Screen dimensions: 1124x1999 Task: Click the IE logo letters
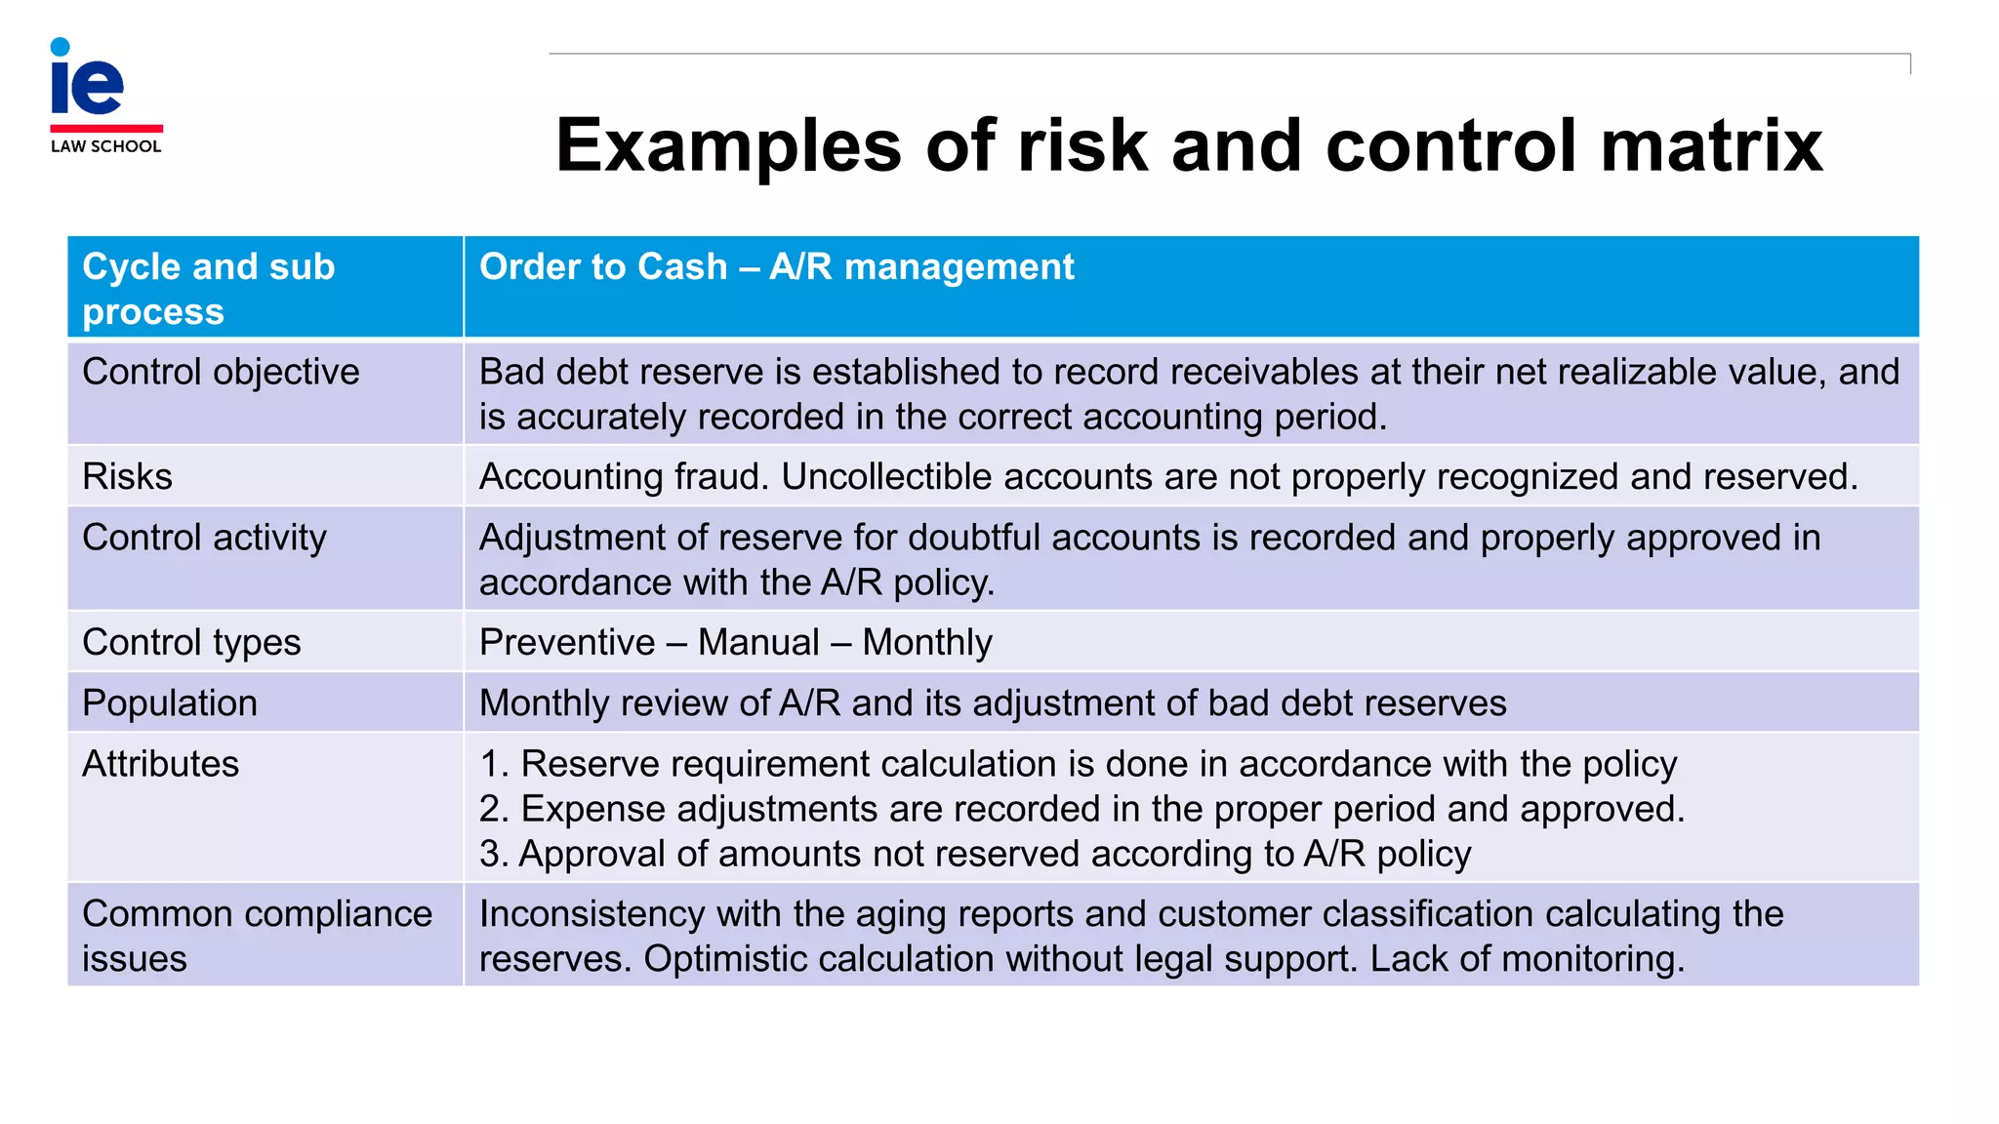[x=87, y=83]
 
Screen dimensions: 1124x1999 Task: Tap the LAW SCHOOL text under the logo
[x=105, y=146]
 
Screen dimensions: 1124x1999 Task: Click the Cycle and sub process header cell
[x=209, y=289]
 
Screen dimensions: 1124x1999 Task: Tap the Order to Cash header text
[x=776, y=266]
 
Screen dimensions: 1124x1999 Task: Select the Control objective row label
[x=221, y=372]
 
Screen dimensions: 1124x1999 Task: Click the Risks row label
[x=127, y=476]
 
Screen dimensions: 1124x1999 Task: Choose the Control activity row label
[x=204, y=538]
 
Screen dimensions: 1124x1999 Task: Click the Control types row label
[x=191, y=642]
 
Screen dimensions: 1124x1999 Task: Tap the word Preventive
[x=567, y=642]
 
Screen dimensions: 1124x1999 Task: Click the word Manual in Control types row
[x=758, y=642]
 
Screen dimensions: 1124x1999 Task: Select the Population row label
[x=170, y=702]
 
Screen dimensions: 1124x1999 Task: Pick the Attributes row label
[x=160, y=763]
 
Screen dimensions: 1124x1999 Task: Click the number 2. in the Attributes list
[x=493, y=809]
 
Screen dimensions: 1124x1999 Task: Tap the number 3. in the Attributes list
[x=493, y=854]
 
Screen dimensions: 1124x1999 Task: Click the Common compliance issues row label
[x=257, y=936]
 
